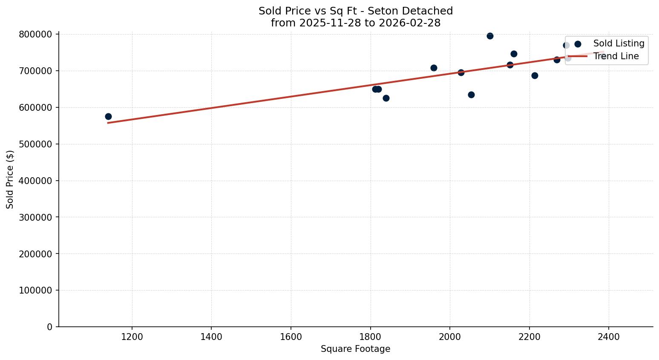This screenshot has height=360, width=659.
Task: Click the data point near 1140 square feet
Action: (108, 116)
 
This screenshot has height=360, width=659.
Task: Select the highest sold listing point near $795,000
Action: (490, 36)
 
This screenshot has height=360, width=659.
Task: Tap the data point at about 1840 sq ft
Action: (386, 98)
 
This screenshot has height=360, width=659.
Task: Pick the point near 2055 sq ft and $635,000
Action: (471, 95)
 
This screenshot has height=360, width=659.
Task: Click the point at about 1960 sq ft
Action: (434, 68)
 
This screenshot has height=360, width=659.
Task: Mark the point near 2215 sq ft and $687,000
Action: (535, 75)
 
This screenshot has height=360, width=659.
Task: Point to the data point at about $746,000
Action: (514, 54)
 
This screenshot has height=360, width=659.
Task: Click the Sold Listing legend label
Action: (619, 43)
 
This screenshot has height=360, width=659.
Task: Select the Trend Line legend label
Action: (616, 56)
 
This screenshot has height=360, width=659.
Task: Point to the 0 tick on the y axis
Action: (50, 327)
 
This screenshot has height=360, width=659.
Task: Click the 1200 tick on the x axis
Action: (132, 337)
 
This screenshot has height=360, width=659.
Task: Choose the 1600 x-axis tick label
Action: (291, 337)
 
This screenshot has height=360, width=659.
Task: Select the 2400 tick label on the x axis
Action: (609, 337)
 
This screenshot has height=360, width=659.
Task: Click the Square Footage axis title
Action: (355, 349)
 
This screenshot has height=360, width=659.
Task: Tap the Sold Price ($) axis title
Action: (10, 179)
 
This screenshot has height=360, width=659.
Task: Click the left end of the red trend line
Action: (108, 123)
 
